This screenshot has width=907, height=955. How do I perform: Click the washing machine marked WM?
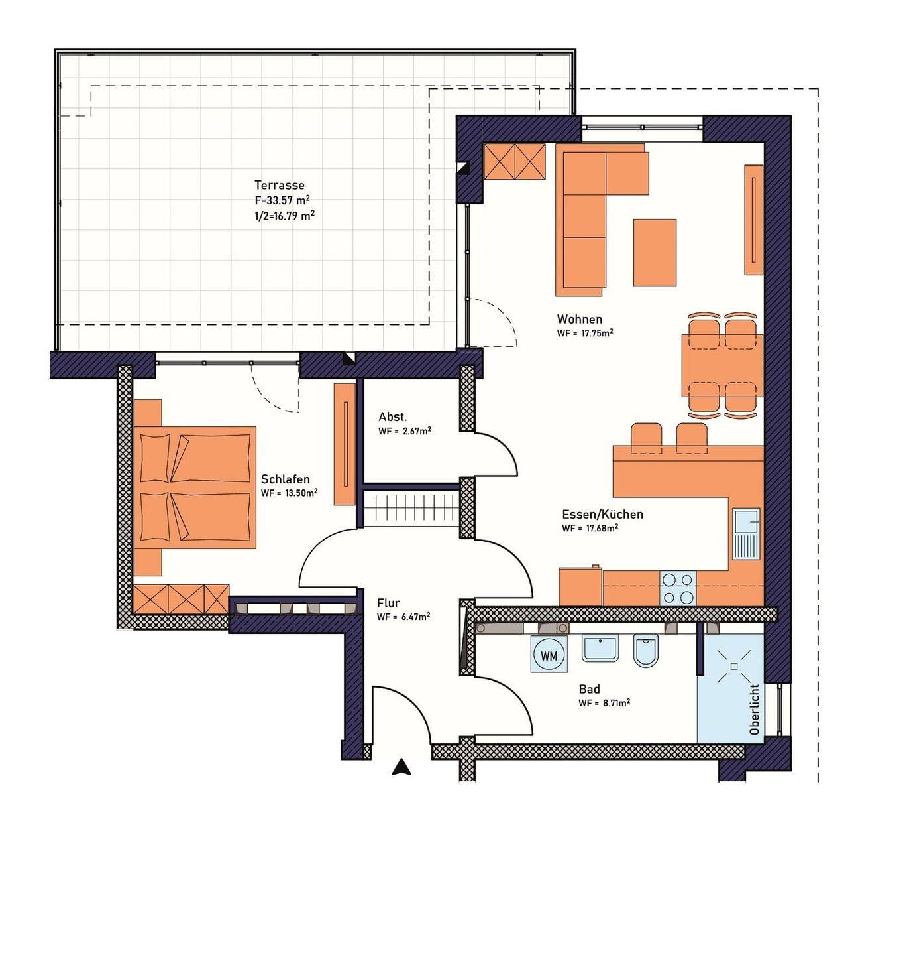(549, 655)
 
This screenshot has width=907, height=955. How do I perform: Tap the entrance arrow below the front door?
(401, 767)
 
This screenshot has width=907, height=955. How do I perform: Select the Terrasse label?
(280, 185)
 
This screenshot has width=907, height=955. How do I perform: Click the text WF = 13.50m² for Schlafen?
(290, 493)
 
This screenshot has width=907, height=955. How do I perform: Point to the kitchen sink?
(746, 534)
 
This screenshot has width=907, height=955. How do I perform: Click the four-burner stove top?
(678, 588)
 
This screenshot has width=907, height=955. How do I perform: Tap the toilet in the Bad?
(645, 650)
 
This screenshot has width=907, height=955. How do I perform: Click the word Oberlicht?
(754, 709)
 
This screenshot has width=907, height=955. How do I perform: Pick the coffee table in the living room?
(655, 253)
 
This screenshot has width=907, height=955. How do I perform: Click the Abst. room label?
(393, 416)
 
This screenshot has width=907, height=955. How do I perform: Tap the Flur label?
(388, 603)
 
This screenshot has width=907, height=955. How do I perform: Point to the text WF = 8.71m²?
(604, 703)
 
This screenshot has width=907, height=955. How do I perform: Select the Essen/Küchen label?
(603, 514)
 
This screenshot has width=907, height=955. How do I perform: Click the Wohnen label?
(580, 319)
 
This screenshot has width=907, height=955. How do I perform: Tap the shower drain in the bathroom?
(734, 666)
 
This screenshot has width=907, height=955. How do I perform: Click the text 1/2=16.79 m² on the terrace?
(284, 215)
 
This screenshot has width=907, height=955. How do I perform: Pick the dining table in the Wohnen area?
(722, 365)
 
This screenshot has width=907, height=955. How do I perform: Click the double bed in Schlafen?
(195, 487)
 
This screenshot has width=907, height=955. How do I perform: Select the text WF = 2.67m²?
(405, 431)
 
